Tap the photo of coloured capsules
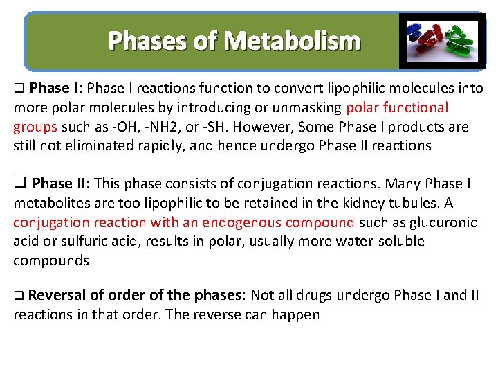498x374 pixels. click(443, 41)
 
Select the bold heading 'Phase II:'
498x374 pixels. click(61, 184)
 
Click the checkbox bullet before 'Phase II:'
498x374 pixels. click(19, 184)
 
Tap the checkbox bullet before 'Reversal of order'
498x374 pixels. click(19, 296)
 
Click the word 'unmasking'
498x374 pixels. click(308, 107)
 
